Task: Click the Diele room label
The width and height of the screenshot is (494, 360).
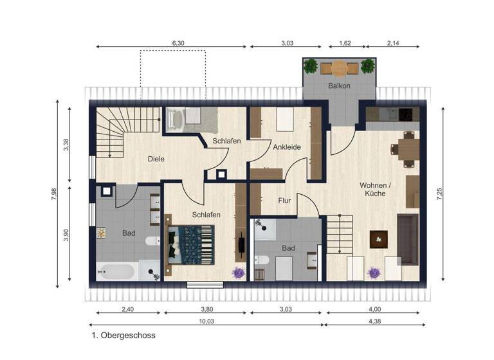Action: [155, 159]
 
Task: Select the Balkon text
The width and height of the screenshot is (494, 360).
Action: [339, 86]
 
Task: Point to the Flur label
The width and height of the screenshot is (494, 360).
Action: [284, 201]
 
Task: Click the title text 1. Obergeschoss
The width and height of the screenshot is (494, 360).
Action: [123, 335]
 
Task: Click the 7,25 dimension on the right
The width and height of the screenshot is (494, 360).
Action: [439, 194]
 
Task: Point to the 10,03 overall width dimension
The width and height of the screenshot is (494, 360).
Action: [206, 321]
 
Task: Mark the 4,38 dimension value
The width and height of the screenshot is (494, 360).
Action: [374, 321]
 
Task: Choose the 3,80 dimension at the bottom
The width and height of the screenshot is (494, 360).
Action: [206, 309]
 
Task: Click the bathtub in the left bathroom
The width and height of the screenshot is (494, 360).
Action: [116, 271]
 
